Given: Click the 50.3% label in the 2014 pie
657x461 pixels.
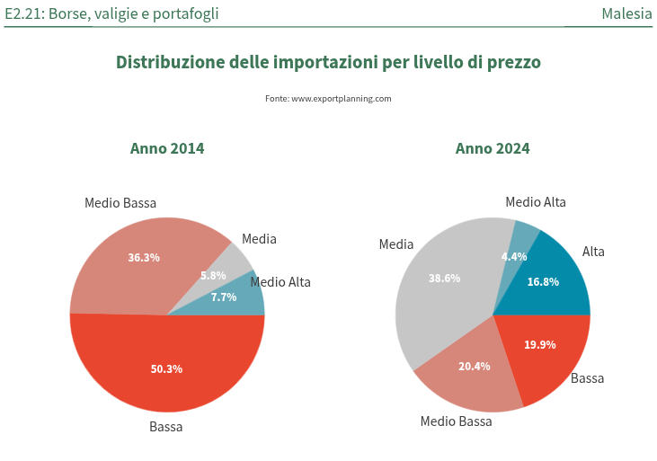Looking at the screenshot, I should pos(167,368).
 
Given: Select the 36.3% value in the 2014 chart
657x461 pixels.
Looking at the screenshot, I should pos(144,257).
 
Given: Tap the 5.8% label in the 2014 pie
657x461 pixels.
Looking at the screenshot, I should pos(213,276).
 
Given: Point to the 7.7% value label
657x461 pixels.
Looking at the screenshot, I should pos(224,297).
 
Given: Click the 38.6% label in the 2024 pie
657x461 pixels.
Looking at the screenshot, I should pos(444,279).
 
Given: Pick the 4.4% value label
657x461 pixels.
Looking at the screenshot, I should pos(514,256).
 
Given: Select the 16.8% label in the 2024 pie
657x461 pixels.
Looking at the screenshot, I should pos(543,281).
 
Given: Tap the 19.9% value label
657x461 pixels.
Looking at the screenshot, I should pos(540,344).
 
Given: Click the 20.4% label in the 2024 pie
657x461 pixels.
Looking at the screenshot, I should pos(475,366).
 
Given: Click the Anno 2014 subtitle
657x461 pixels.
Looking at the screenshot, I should pos(167,148).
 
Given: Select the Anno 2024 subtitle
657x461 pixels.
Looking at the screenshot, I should pos(493,148).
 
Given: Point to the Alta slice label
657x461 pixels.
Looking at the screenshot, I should pos(593,252).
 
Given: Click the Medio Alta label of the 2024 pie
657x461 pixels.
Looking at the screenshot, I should pos(536,202).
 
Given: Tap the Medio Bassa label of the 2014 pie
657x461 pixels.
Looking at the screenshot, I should pos(120,203).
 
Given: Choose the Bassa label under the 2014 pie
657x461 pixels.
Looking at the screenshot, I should pos(166,427).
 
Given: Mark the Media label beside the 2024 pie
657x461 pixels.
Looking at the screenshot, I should pos(396,244).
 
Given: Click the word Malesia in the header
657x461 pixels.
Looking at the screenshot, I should pos(626,13).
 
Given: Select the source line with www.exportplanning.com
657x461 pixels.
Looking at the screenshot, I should pos(328,98).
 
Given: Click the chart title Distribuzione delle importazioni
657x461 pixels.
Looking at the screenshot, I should pos(328,62).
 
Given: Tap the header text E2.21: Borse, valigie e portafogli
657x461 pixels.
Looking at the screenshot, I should pos(111,13).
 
